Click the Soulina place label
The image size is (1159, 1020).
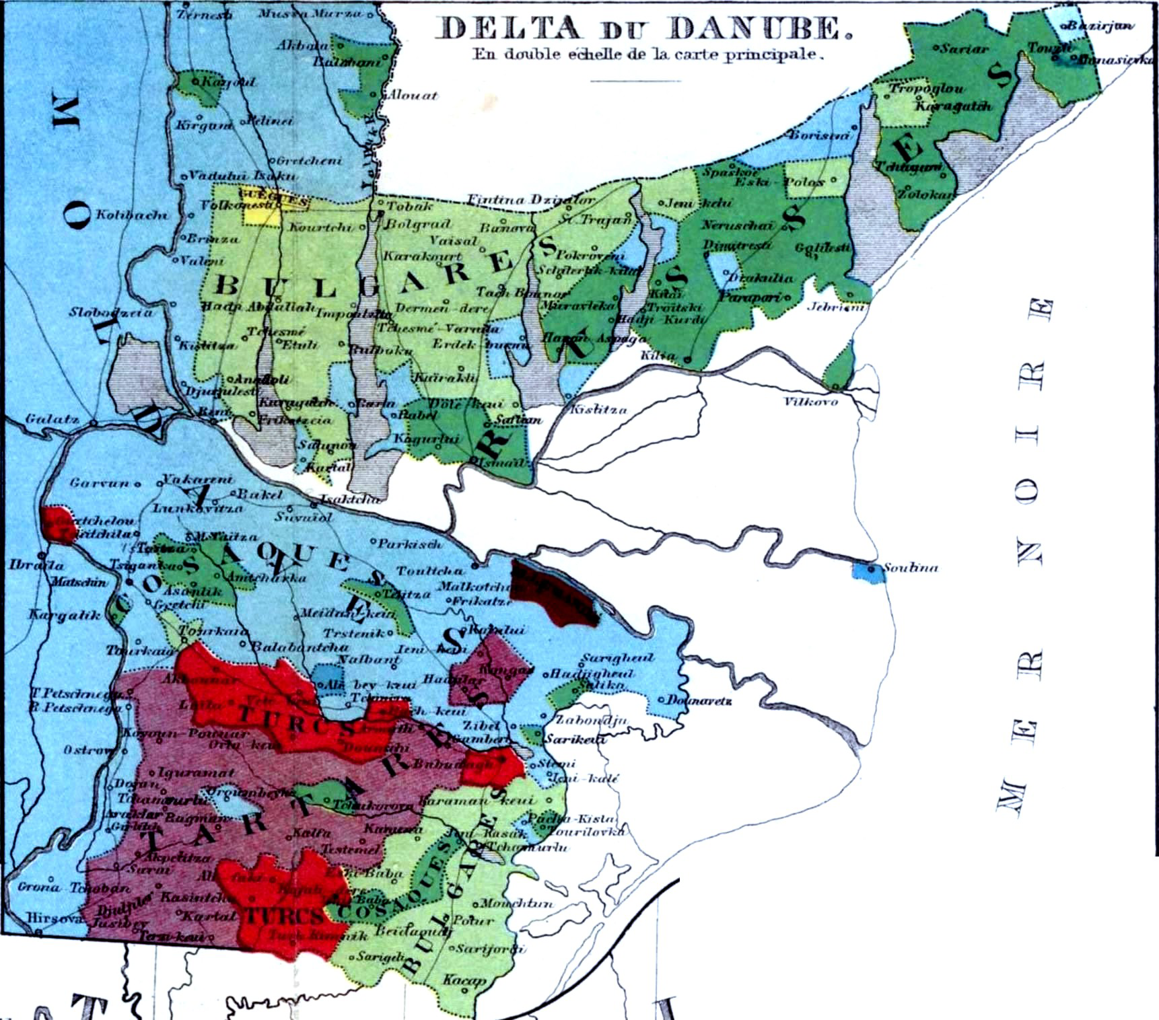coord(910,568)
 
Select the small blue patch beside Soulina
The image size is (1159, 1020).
coord(868,573)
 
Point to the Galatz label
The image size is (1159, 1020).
coord(52,418)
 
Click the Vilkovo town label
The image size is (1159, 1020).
coord(810,402)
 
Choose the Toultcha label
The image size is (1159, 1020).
coord(429,571)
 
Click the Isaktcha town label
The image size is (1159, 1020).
coord(349,499)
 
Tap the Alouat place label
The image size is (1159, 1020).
coord(412,96)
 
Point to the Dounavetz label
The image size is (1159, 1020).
coord(699,700)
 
